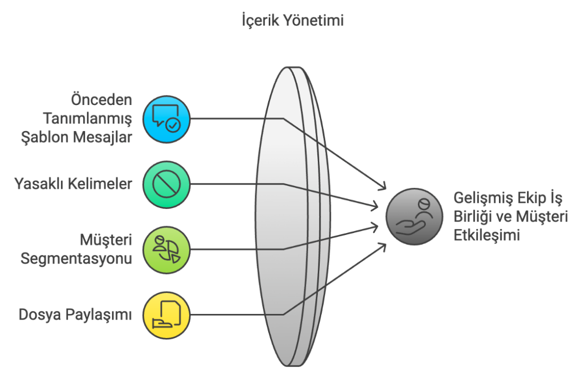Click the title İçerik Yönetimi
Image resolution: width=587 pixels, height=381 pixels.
[x=293, y=21]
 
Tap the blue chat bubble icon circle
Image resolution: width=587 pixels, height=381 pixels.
[x=166, y=119]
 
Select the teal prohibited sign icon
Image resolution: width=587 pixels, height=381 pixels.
[x=166, y=184]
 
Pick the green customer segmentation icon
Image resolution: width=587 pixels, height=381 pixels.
[x=166, y=249]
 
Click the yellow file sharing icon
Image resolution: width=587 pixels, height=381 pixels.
[x=166, y=314]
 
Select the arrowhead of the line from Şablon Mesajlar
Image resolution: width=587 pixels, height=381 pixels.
[x=384, y=187]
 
